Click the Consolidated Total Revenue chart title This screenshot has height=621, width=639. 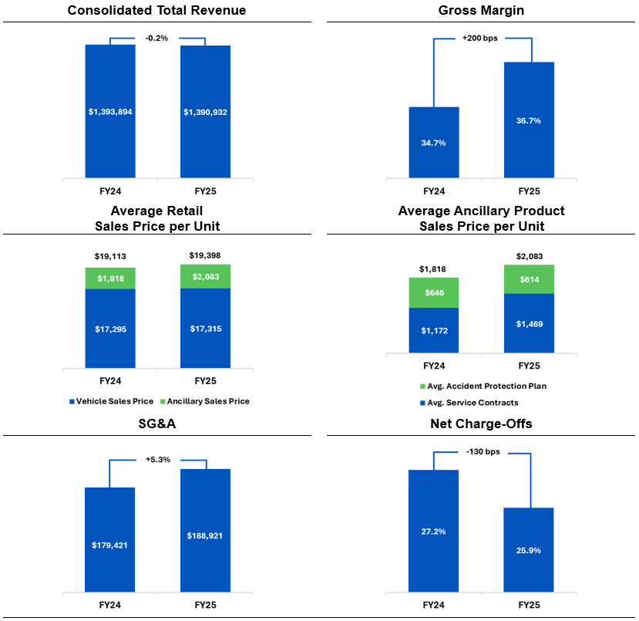157,10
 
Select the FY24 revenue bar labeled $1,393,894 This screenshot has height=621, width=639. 110,112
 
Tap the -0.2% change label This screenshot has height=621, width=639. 157,38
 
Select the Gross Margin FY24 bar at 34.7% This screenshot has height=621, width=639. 434,143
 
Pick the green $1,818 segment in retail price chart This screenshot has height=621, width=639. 110,278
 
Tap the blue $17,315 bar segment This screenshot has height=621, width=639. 205,329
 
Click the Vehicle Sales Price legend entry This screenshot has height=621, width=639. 109,401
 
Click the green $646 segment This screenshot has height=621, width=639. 434,293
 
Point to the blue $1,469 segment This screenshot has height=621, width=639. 529,324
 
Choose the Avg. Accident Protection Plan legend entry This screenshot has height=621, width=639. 480,386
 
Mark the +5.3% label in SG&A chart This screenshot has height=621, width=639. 157,460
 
